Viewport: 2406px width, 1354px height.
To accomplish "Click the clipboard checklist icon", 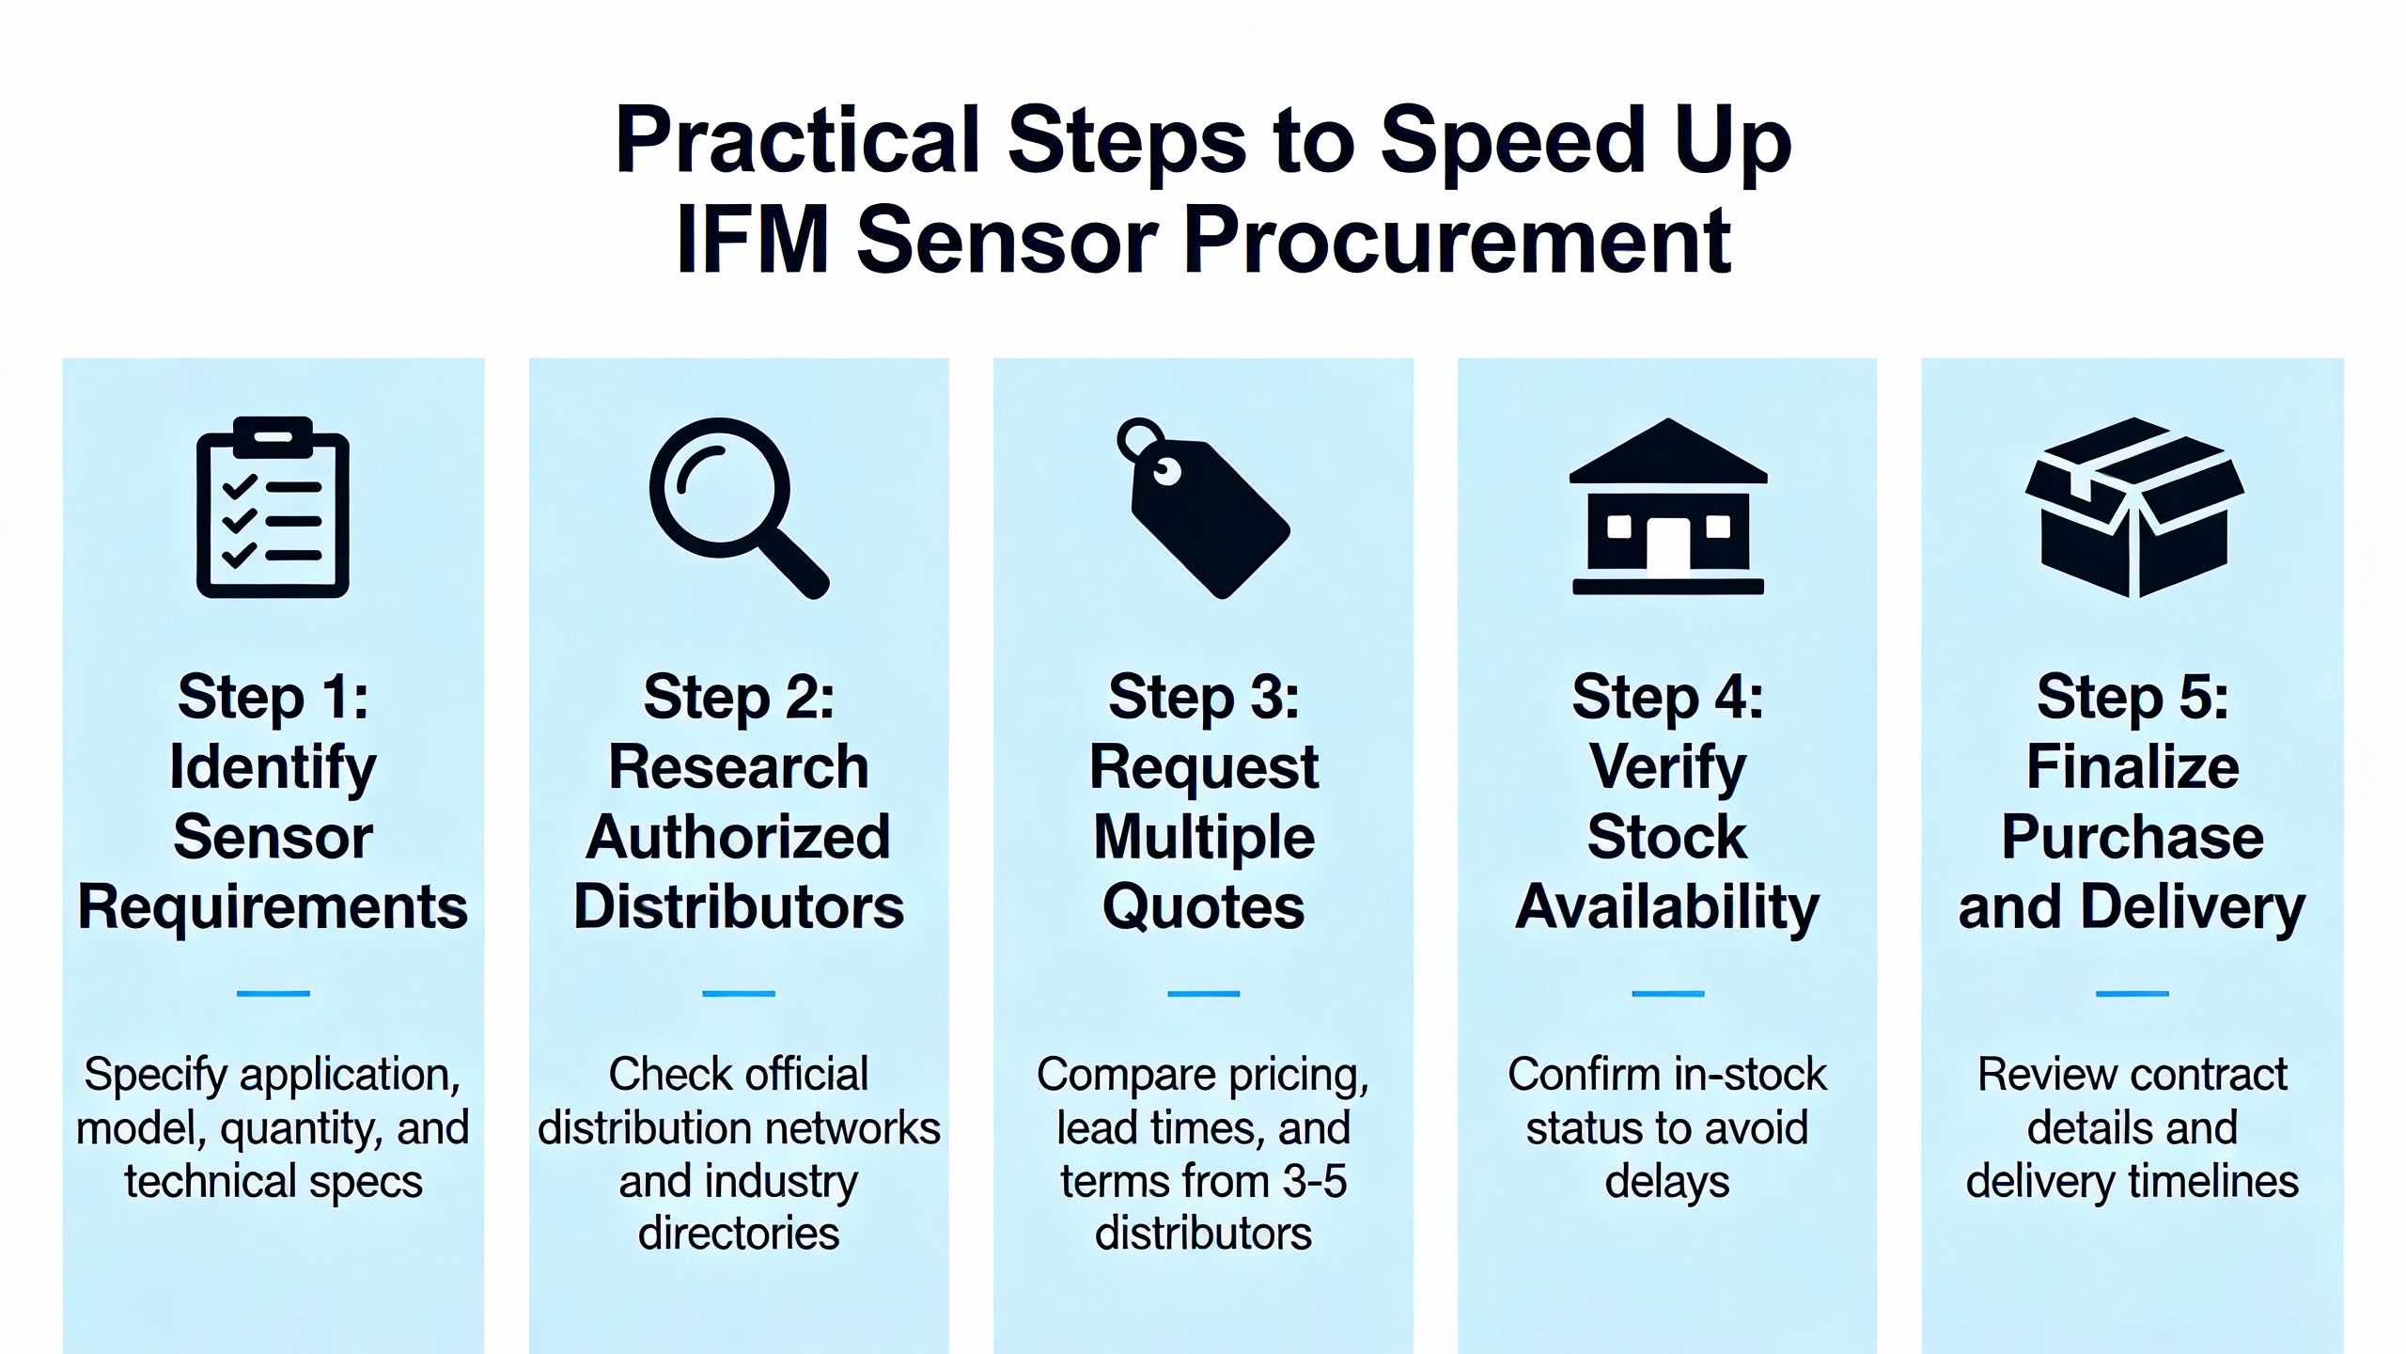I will [273, 508].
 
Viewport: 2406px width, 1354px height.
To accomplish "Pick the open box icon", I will [2133, 508].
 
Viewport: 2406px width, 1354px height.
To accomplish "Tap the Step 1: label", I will [273, 698].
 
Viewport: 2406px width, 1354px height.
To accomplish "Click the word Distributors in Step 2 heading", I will [739, 907].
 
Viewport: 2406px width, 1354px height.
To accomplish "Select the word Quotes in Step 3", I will [1204, 907].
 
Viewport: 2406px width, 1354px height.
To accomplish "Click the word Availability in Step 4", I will [1667, 907].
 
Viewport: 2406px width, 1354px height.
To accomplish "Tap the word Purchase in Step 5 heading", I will [2133, 837].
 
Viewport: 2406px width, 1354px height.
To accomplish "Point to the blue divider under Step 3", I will [1204, 993].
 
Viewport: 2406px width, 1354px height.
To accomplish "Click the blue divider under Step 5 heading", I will [2133, 993].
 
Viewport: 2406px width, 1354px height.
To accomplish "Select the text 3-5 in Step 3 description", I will [1314, 1181].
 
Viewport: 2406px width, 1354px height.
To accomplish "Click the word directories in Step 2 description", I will [739, 1234].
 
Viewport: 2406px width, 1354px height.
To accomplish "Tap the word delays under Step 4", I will [1667, 1181].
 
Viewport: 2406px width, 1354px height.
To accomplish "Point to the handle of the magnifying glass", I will [794, 564].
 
